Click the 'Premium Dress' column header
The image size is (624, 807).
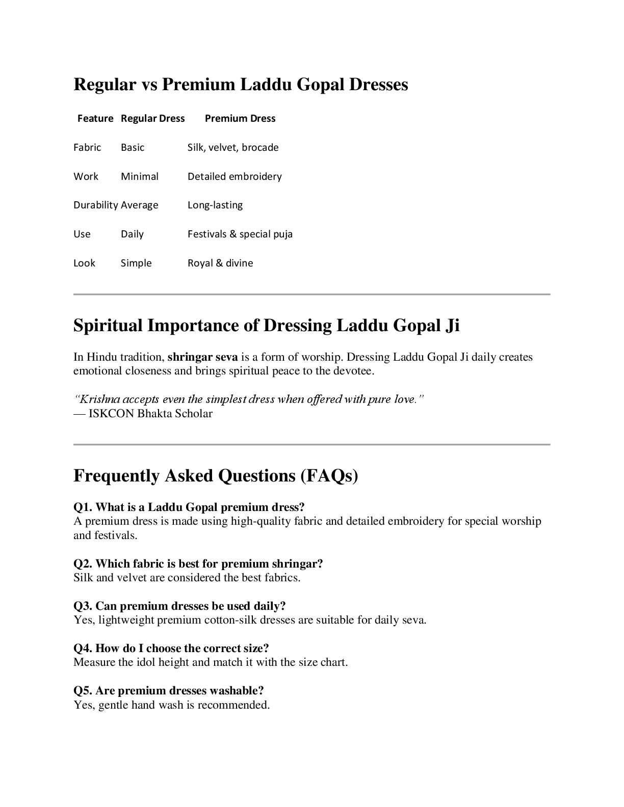point(240,118)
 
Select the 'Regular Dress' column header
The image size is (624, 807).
point(152,118)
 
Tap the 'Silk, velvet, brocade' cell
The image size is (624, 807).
point(233,147)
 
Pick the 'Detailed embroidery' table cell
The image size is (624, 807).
point(235,176)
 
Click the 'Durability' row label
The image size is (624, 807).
point(96,205)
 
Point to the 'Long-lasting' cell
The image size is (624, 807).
point(215,205)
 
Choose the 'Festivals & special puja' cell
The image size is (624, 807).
point(240,234)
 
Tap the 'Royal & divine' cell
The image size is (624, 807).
point(220,263)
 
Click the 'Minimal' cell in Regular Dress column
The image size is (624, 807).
point(140,176)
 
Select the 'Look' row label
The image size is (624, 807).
point(84,263)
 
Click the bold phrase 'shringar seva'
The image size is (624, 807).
point(202,357)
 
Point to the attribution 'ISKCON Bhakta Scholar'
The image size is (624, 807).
point(150,413)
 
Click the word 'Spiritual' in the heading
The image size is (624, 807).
point(108,325)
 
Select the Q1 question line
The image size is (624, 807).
point(189,507)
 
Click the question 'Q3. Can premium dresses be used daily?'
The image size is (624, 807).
point(179,606)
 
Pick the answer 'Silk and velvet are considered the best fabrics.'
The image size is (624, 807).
point(187,578)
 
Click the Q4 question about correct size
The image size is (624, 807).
point(171,648)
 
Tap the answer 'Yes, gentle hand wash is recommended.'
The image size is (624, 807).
point(171,705)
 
